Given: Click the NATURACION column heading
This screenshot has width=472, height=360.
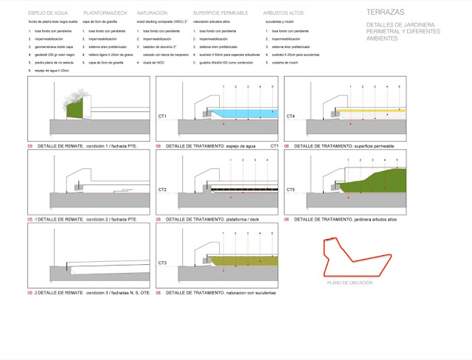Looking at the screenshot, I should click(x=152, y=14).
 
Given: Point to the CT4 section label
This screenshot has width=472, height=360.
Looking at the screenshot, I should click(x=291, y=117).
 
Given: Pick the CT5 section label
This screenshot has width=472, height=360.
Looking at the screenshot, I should click(x=291, y=190).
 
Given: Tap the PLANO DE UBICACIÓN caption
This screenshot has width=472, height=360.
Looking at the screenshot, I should click(x=350, y=283).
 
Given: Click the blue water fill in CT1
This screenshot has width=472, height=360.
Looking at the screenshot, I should click(x=243, y=115).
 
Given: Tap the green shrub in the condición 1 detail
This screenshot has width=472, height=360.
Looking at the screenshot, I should click(x=73, y=109).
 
